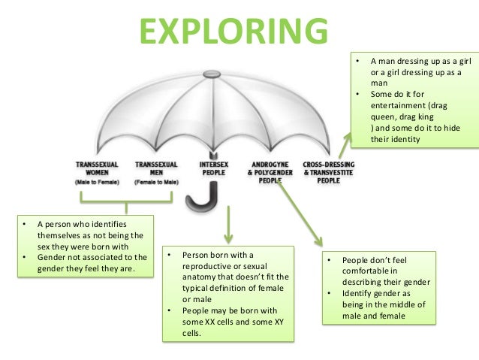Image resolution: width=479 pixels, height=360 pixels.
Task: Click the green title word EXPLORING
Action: click(233, 31)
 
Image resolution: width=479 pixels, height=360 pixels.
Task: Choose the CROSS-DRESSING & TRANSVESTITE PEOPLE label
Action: click(328, 171)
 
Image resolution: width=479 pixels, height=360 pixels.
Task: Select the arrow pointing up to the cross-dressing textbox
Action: click(345, 142)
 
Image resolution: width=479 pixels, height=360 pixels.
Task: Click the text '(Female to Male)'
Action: click(155, 183)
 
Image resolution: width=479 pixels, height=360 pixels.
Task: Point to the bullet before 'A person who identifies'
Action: click(24, 224)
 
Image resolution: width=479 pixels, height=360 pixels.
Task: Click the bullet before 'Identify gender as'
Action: click(330, 293)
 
